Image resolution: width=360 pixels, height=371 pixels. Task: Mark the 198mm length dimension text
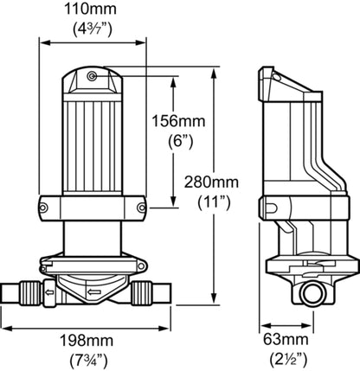[x=89, y=338]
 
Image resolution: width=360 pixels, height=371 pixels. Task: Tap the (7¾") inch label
[x=89, y=358]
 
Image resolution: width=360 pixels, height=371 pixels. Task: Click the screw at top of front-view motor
[x=92, y=77]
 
